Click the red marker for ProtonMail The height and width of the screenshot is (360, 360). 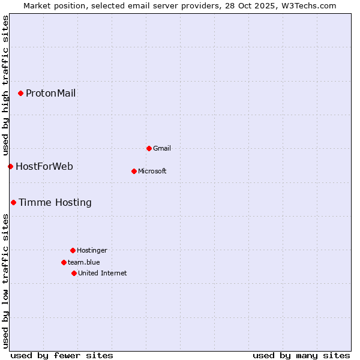[x=20, y=93]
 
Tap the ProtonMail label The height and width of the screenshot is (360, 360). [x=50, y=93]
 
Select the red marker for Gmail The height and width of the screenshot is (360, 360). [x=149, y=148]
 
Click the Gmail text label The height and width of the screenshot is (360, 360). [x=162, y=148]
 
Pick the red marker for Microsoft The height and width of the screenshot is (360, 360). [x=134, y=171]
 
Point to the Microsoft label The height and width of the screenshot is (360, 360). [x=152, y=171]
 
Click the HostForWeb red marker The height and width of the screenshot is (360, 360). [x=10, y=166]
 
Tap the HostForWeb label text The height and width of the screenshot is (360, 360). [x=44, y=166]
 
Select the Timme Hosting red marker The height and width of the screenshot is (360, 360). [x=13, y=202]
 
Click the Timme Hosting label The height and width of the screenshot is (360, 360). [x=55, y=202]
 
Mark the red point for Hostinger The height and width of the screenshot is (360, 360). [x=73, y=250]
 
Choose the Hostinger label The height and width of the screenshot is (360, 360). [x=92, y=250]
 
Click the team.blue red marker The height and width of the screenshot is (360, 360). [x=64, y=262]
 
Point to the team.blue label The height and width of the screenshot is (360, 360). [x=83, y=262]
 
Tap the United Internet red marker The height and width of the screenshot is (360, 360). [x=74, y=273]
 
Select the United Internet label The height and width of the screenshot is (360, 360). [x=102, y=273]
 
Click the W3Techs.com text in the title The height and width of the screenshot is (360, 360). [x=310, y=5]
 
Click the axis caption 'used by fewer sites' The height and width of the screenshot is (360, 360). [x=62, y=355]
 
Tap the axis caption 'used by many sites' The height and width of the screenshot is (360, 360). [x=301, y=355]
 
